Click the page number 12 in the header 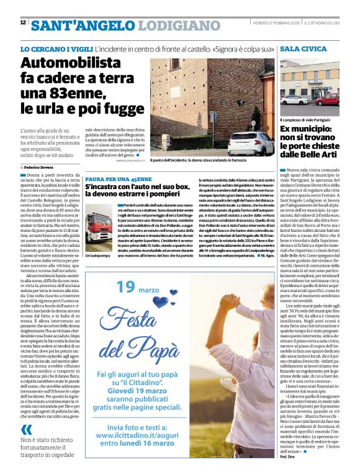23,22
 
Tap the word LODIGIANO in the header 180,26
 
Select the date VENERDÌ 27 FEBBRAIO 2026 276,23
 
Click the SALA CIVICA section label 303,48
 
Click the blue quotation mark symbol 26,429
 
